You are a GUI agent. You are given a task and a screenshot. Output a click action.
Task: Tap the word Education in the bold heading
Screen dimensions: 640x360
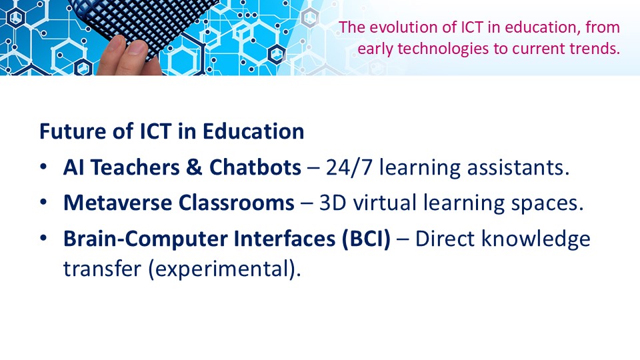coord(253,131)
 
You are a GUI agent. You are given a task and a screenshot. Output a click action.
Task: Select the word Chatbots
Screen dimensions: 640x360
coord(255,167)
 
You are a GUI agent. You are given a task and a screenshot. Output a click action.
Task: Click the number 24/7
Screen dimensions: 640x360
coord(349,167)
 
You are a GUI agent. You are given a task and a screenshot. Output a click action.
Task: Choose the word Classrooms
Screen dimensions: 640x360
coord(236,203)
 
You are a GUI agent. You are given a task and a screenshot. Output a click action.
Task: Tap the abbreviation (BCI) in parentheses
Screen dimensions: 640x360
coord(367,239)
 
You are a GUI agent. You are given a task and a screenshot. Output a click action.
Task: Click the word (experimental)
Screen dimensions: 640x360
coord(225,269)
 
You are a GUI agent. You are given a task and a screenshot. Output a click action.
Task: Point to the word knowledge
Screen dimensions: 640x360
coord(536,239)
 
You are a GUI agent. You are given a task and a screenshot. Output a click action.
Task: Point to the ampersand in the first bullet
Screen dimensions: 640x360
coord(195,167)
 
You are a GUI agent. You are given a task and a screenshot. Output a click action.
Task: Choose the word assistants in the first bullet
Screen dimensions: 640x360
coord(518,168)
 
